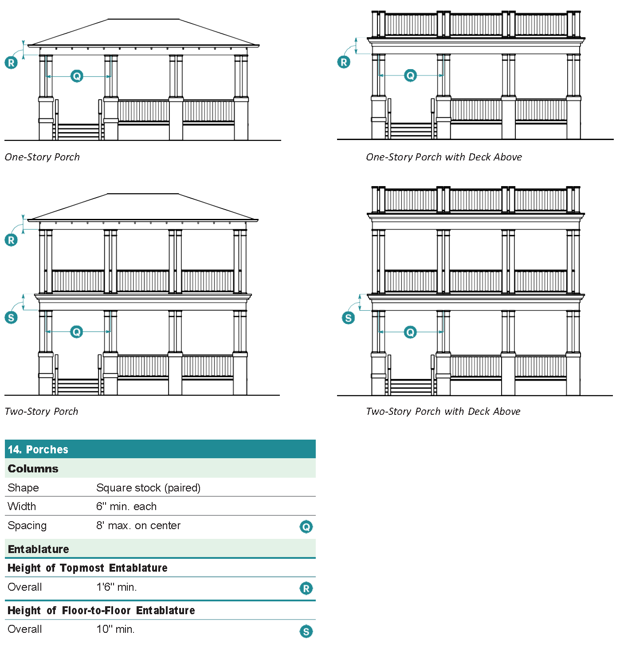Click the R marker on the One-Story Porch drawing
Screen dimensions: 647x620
[11, 62]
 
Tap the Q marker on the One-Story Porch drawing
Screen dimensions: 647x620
[77, 76]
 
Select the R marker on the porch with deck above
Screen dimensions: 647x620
[344, 62]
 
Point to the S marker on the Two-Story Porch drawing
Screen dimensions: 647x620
[11, 317]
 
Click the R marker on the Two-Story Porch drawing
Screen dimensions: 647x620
[11, 240]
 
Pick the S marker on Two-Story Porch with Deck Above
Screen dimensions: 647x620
[349, 318]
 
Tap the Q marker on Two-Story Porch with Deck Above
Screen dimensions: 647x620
[410, 332]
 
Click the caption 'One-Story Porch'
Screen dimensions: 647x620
[42, 157]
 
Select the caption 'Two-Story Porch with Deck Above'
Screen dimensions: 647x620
[443, 411]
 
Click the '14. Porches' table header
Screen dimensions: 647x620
[38, 449]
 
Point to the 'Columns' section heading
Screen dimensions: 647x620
[33, 469]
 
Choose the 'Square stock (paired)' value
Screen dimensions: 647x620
[148, 488]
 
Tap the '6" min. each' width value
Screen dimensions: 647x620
[126, 507]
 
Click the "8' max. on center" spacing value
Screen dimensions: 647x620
[138, 526]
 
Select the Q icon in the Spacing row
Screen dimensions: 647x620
[306, 527]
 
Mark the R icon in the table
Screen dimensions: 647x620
[306, 589]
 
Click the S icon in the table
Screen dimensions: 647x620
[306, 631]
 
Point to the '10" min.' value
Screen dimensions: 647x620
[115, 629]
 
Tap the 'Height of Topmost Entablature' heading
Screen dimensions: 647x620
[87, 568]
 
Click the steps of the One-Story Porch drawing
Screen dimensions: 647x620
[78, 132]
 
